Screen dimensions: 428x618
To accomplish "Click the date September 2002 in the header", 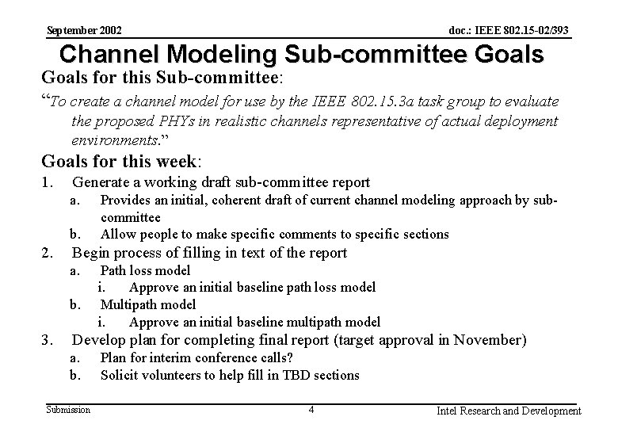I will click(84, 30).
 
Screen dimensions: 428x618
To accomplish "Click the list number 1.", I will click(48, 183).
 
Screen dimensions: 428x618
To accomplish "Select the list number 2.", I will click(48, 253).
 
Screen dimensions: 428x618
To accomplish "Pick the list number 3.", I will click(48, 340).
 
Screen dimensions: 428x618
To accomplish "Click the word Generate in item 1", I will click(101, 183).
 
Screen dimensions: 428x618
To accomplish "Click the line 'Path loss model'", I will click(145, 270).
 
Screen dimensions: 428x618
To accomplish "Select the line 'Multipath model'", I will click(148, 304).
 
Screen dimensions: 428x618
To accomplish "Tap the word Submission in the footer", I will click(68, 409).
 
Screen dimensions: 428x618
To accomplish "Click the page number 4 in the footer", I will click(312, 410).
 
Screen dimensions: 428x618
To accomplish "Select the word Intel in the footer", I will click(451, 411).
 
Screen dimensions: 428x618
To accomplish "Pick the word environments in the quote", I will click(111, 139).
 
